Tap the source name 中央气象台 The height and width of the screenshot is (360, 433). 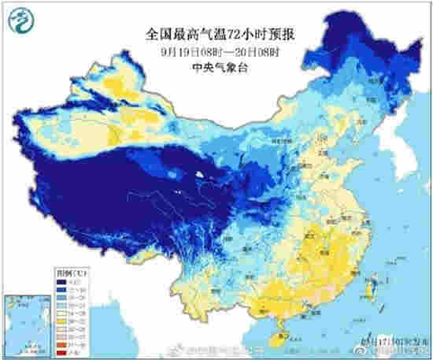coord(216,68)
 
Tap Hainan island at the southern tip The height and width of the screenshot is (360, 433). coord(276,337)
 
